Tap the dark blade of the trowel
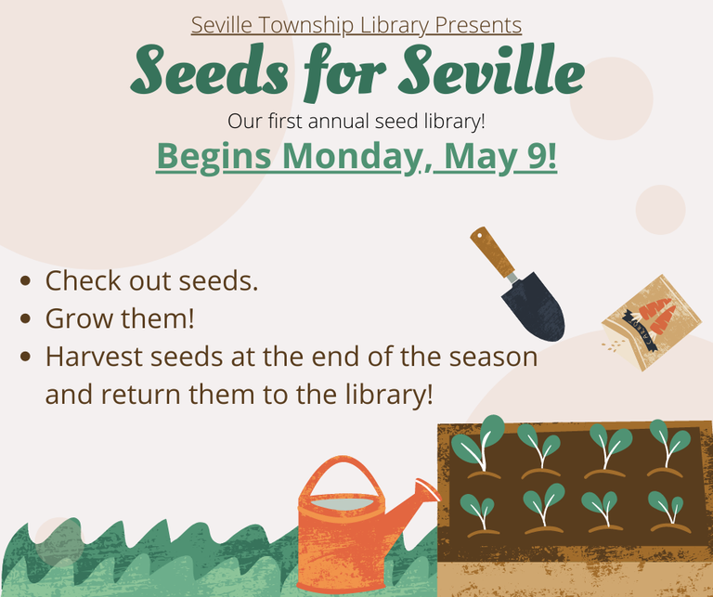click(x=534, y=307)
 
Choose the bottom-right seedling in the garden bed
click(x=665, y=510)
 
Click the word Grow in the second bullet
click(x=76, y=319)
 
